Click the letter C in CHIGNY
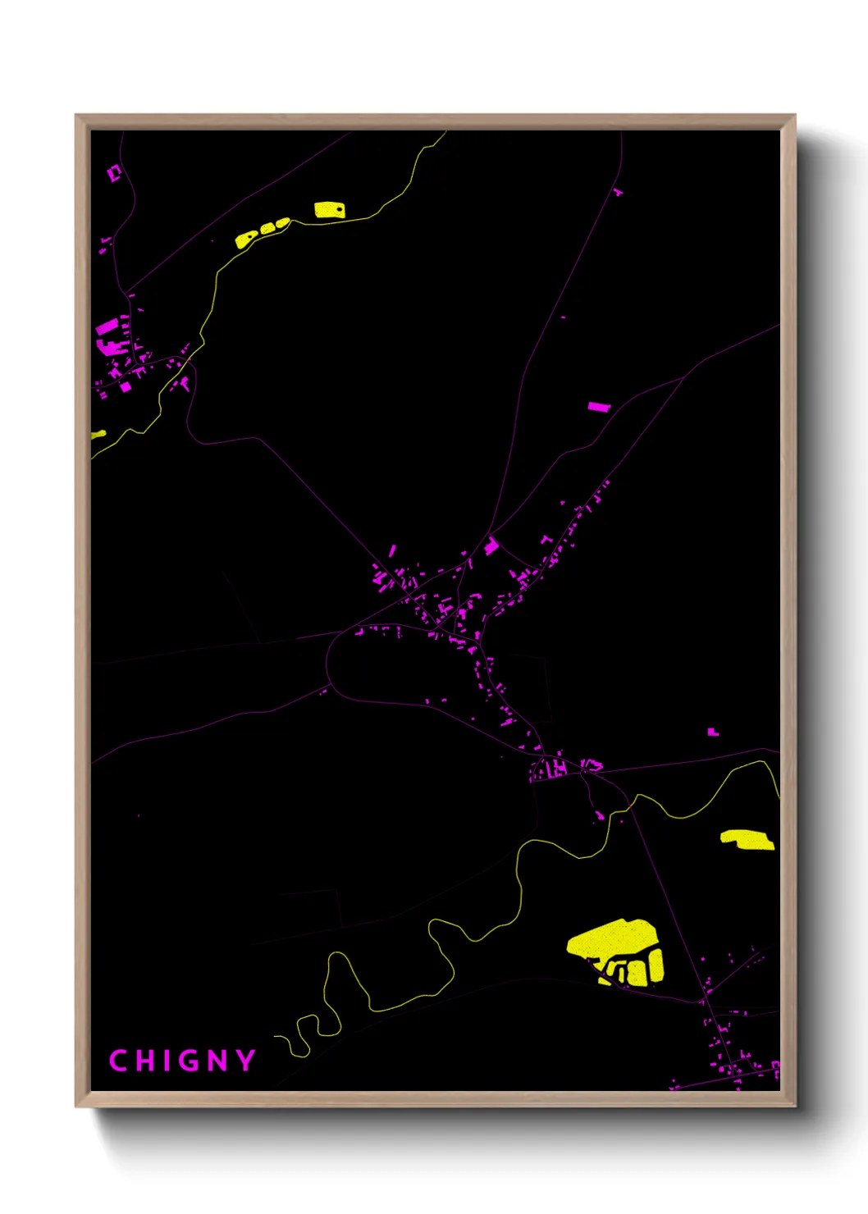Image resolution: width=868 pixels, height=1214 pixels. (x=118, y=1061)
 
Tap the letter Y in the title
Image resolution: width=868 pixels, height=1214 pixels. (x=245, y=1061)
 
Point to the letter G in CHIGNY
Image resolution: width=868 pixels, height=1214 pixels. (x=186, y=1061)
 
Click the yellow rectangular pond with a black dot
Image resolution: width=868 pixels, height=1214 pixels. (x=330, y=210)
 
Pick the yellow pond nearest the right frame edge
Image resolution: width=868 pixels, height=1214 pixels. (x=747, y=839)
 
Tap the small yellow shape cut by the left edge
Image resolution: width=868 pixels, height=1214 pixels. (x=98, y=434)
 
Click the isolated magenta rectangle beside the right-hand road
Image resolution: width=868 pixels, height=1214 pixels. (x=599, y=406)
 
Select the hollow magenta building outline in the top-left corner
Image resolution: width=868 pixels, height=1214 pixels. (x=114, y=172)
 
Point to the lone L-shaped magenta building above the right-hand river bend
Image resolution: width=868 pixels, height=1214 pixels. (x=713, y=731)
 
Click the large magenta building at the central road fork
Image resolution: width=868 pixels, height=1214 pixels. (x=491, y=545)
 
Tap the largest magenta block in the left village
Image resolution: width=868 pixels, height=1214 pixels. (x=107, y=328)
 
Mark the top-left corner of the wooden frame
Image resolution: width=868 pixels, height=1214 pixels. (x=76, y=116)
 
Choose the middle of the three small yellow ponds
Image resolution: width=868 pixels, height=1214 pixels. (x=267, y=228)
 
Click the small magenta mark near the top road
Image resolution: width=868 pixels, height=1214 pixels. (x=618, y=192)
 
